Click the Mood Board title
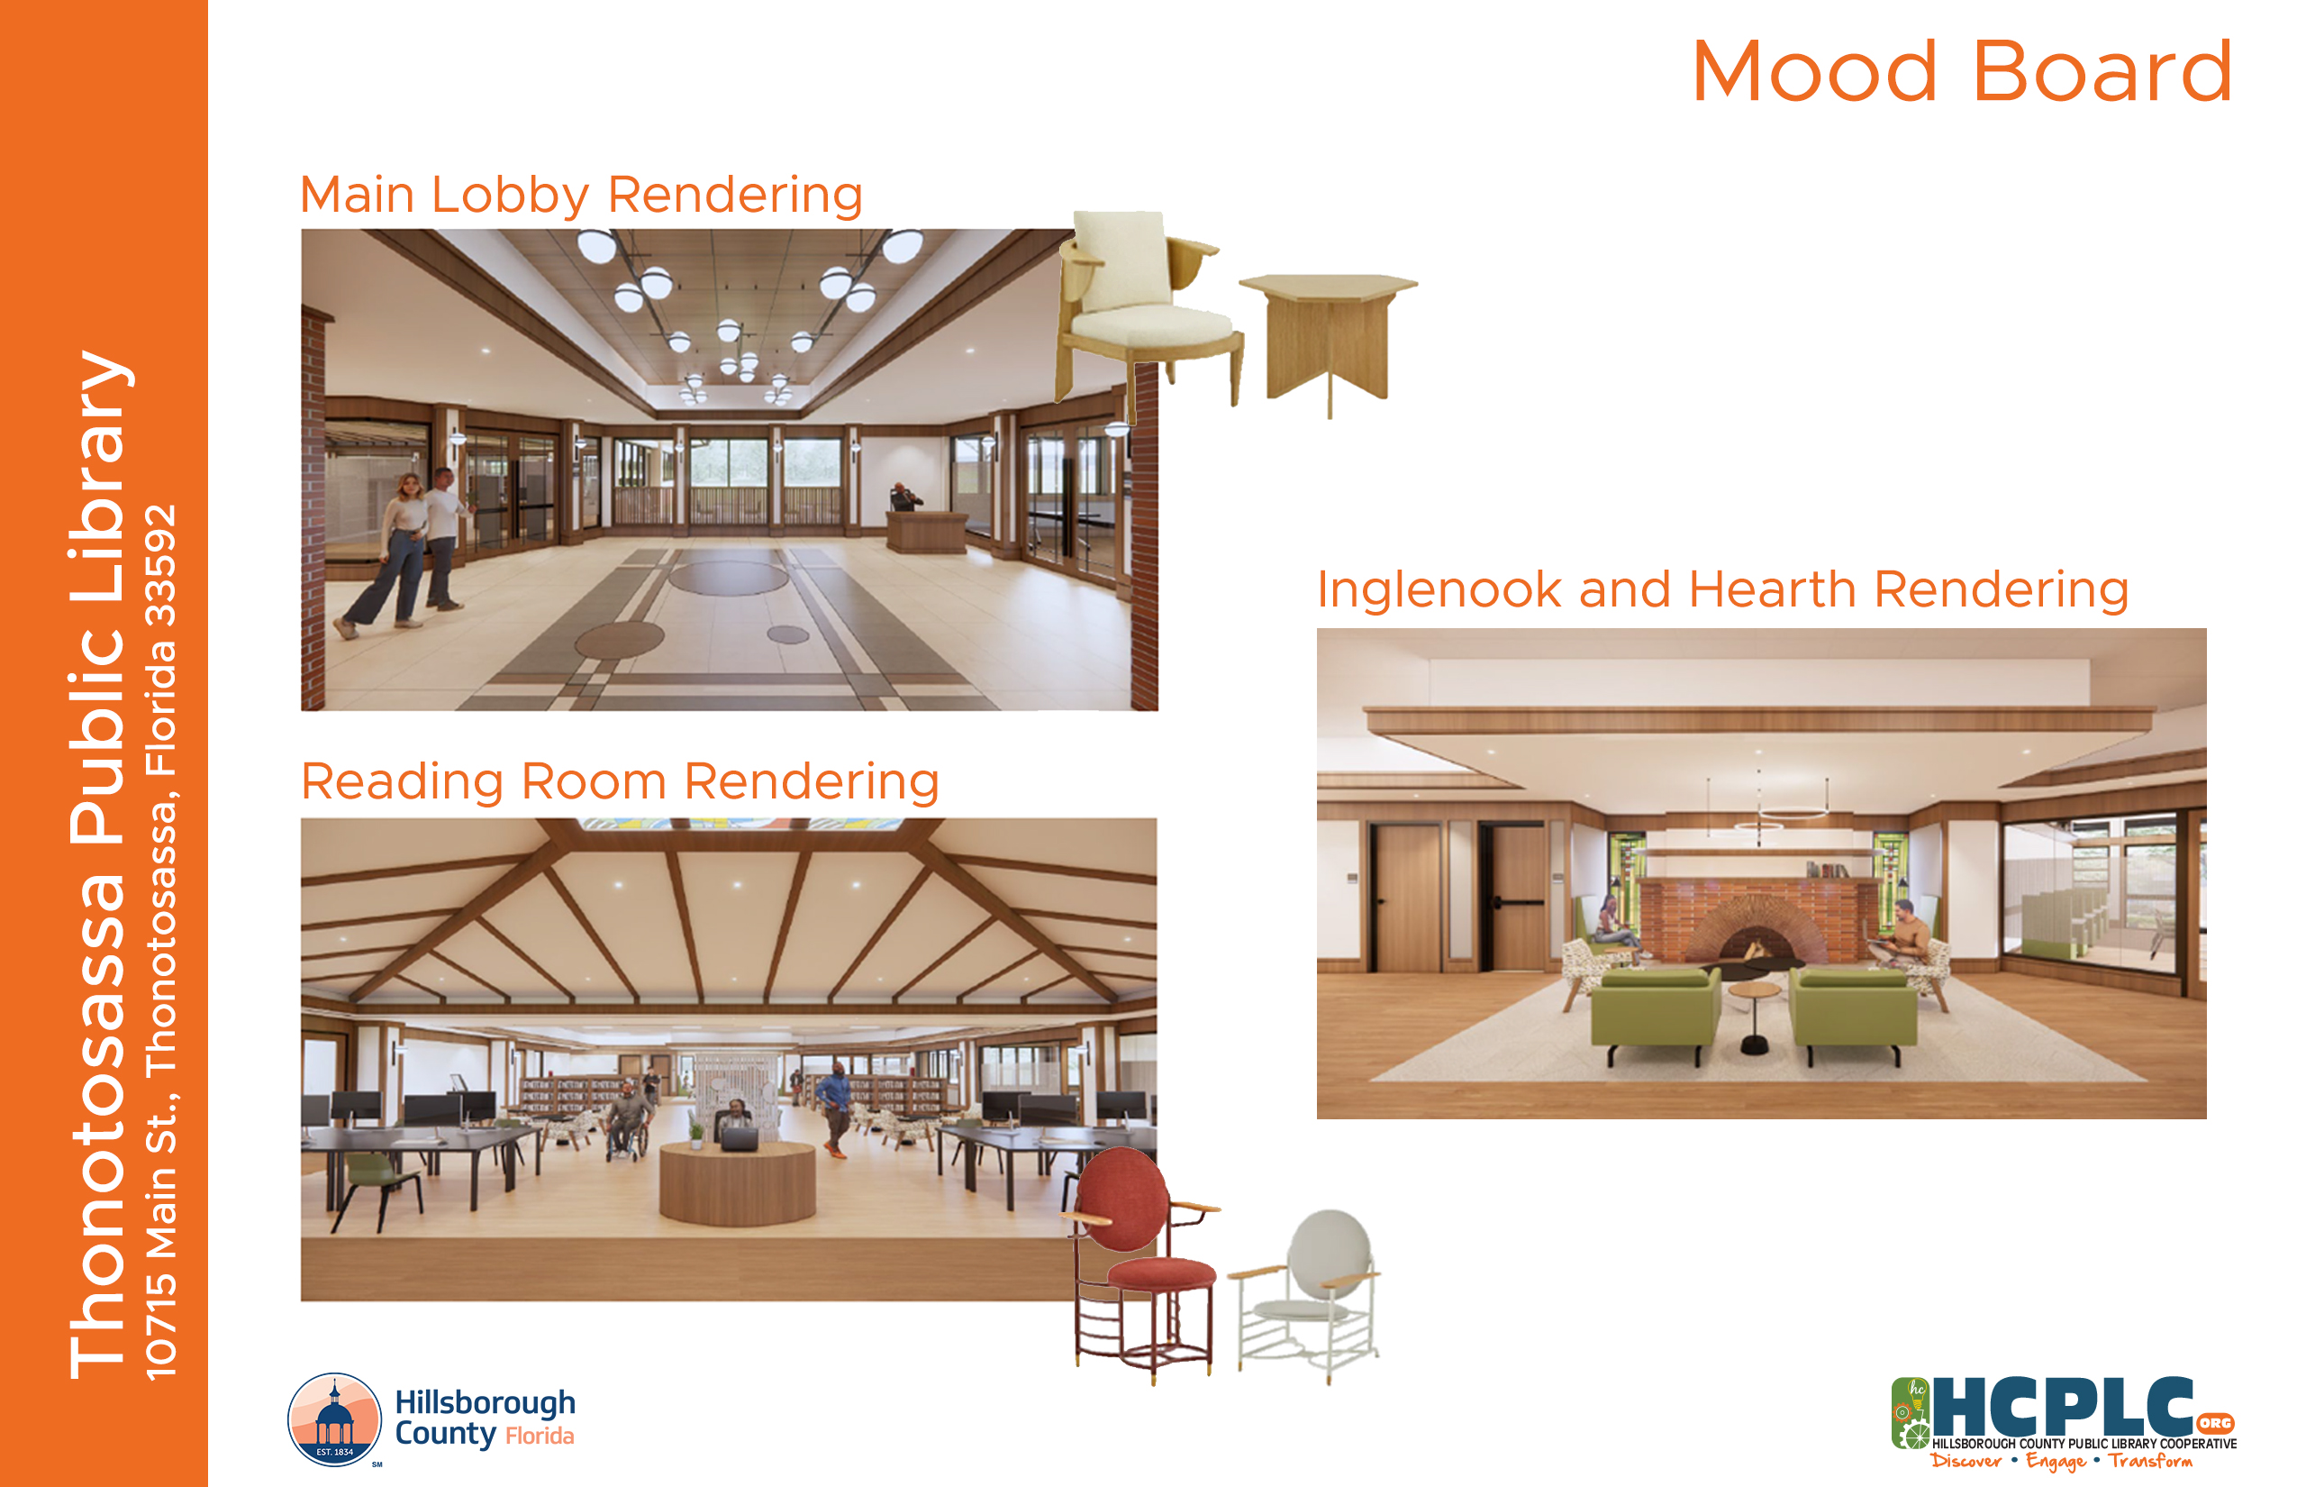[1961, 71]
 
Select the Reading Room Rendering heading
[620, 782]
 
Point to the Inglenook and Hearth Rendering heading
[1722, 589]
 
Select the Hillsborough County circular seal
[335, 1419]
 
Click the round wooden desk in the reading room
[738, 1182]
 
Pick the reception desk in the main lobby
[927, 532]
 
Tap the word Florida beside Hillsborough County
[540, 1437]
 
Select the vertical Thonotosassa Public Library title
[97, 864]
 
